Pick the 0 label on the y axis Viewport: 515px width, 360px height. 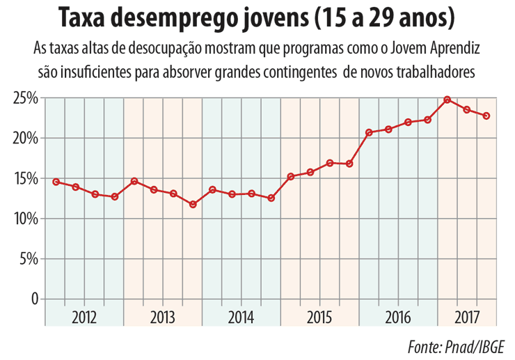(x=33, y=299)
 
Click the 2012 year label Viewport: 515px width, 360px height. (x=84, y=318)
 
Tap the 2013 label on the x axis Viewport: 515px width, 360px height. (x=162, y=318)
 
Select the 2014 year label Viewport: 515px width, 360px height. (x=241, y=318)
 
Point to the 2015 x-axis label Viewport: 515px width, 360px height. (x=319, y=318)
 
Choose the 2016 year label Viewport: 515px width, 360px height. (x=397, y=318)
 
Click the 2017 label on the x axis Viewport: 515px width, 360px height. (x=466, y=318)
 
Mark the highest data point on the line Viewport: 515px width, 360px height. (x=447, y=100)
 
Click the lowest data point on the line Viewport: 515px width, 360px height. (x=193, y=204)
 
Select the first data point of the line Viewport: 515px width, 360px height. (x=56, y=182)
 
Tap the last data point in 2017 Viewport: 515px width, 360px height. (x=486, y=116)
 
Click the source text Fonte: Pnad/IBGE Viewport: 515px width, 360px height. (x=456, y=346)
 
